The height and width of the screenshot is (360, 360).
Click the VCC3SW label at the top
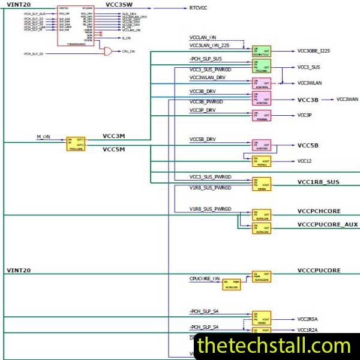coord(119,4)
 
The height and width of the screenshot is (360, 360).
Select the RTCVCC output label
coord(197,8)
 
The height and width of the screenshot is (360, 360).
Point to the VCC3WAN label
coord(347,99)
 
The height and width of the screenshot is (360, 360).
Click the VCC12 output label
coord(305,161)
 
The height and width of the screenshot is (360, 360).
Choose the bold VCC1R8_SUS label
coord(318,182)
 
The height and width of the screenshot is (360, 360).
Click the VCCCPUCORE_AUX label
coord(327,224)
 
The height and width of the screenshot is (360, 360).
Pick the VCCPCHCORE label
coord(319,212)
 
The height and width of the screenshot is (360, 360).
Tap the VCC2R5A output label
coord(307,319)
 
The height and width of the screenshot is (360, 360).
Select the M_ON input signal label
coord(43,137)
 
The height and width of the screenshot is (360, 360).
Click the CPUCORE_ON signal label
coord(205,278)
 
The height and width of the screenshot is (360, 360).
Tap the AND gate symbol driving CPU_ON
coord(107,52)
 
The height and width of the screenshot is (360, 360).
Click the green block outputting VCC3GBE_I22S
coord(262,52)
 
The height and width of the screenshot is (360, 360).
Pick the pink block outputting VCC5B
coord(262,145)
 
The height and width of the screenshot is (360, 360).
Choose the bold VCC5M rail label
coord(114,149)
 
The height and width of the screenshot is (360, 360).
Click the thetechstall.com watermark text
coord(273,346)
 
